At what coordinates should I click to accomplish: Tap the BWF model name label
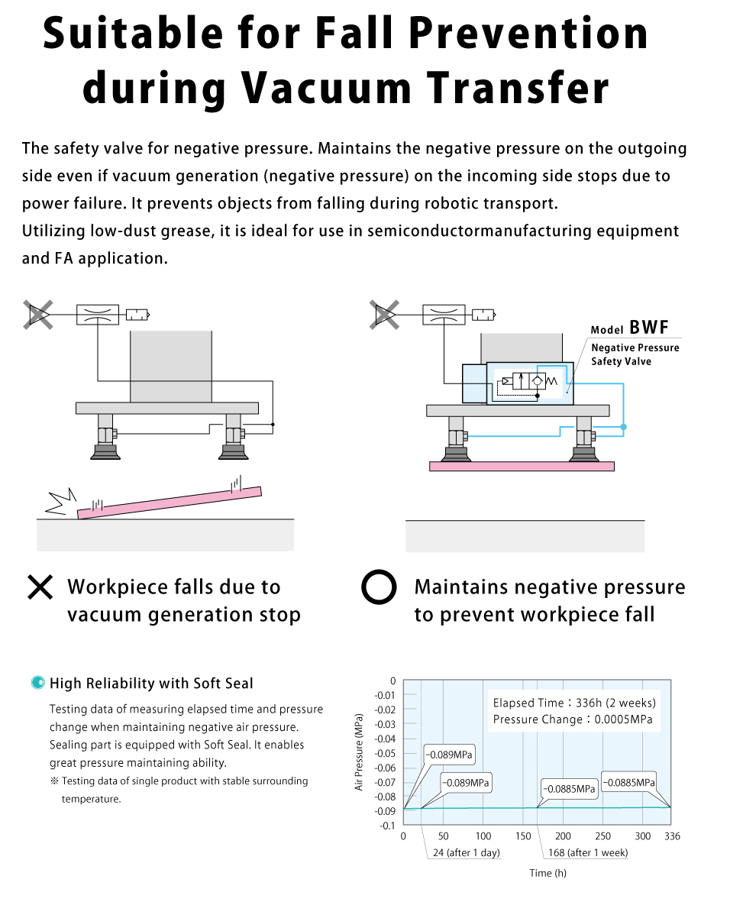click(x=649, y=328)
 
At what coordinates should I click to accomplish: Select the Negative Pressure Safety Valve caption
click(x=635, y=354)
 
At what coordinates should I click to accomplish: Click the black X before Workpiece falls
click(x=40, y=587)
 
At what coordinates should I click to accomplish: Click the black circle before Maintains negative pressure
click(x=379, y=587)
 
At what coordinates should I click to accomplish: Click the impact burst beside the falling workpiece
click(x=60, y=502)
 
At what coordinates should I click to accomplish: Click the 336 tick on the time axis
click(x=671, y=836)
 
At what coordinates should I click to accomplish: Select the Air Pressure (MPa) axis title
click(x=360, y=752)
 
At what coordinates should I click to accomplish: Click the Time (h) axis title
click(x=548, y=873)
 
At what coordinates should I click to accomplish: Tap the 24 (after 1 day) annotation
click(x=466, y=852)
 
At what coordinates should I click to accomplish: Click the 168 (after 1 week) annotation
click(x=588, y=852)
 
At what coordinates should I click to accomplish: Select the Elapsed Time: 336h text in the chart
click(x=574, y=703)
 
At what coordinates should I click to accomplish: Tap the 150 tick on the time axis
click(x=523, y=836)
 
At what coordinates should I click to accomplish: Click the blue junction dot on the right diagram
click(x=623, y=427)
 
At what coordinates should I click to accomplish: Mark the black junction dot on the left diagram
click(x=273, y=425)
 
